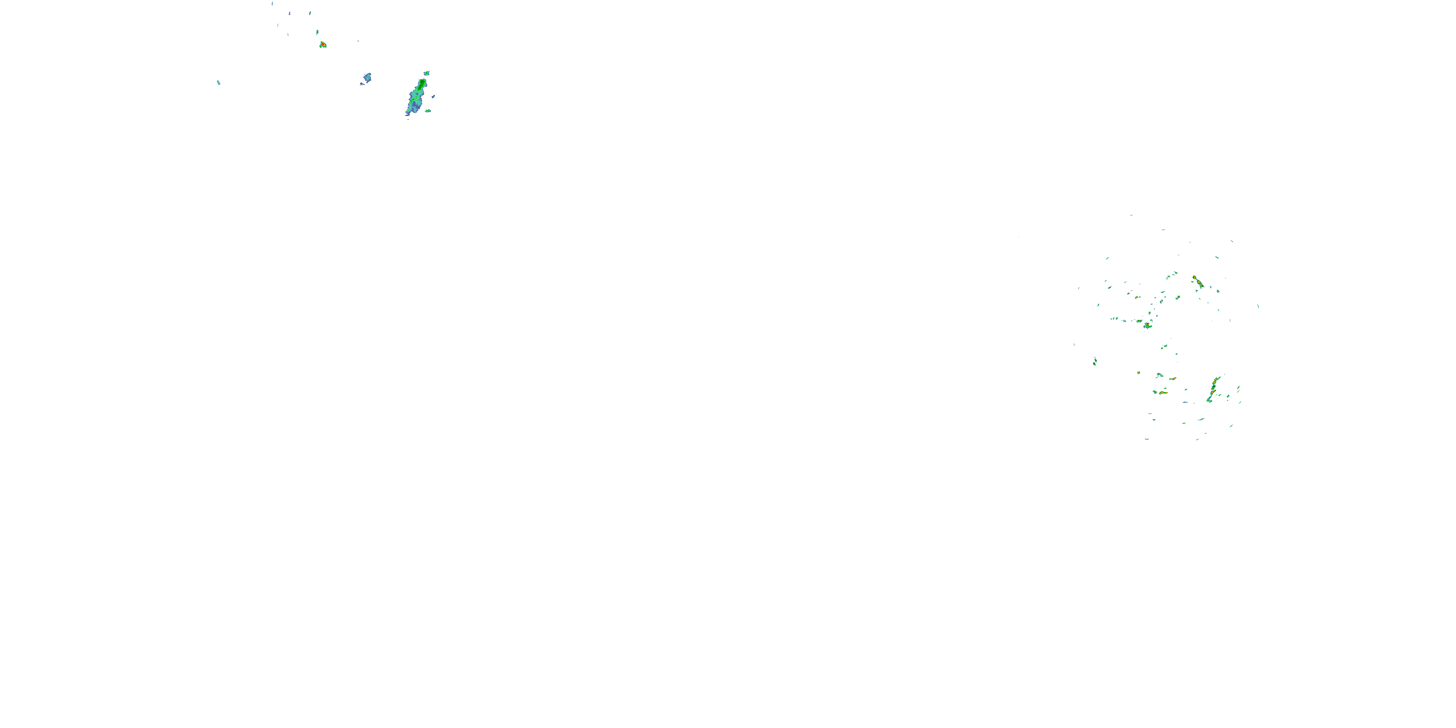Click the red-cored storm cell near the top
(323, 45)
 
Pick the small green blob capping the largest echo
(426, 73)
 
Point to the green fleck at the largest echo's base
(428, 111)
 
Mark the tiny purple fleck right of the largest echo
(433, 96)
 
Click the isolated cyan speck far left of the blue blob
(218, 83)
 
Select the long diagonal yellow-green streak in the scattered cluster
(1212, 388)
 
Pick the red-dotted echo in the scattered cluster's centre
(1147, 325)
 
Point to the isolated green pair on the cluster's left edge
(1095, 361)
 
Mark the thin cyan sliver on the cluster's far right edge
(1258, 306)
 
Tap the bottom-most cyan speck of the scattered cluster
(1147, 439)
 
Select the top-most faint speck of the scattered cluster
(1132, 215)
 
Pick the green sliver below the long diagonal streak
(1201, 419)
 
